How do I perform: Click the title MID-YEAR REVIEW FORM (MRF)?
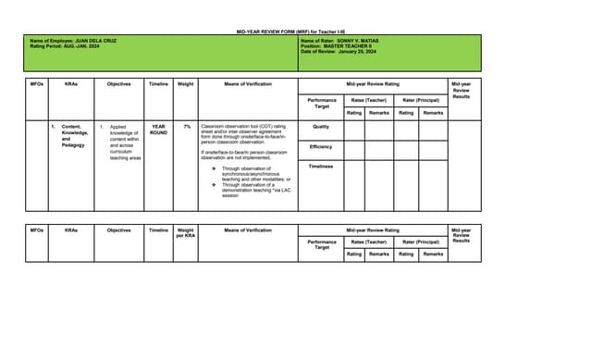294,31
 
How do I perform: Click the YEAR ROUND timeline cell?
158,130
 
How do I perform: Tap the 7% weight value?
186,126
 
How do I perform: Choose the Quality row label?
321,127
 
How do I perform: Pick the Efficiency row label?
321,146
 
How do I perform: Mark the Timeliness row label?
321,167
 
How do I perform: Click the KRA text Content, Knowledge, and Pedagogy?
74,136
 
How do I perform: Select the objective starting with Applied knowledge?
124,143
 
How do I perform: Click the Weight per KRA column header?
185,232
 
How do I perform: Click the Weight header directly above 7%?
185,84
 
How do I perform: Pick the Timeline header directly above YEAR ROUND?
158,84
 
